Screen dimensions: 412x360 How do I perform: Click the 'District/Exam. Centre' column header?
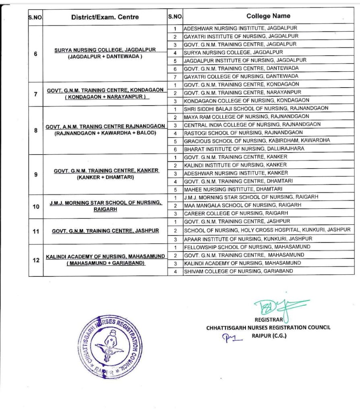[x=105, y=17]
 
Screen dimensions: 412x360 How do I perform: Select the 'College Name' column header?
[x=268, y=16]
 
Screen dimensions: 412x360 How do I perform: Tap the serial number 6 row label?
[x=35, y=54]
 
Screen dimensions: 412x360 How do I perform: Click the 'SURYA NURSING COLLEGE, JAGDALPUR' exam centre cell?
[x=105, y=49]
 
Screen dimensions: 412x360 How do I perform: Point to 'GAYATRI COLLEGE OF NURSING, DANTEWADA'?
[x=241, y=76]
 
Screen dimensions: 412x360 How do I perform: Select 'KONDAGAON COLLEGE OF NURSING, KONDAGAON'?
[x=246, y=100]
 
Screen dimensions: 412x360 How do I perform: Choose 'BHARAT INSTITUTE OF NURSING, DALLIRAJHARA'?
[x=244, y=148]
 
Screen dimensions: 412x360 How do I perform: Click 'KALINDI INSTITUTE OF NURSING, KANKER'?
[x=235, y=165]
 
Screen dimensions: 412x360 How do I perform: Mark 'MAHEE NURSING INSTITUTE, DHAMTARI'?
[x=233, y=189]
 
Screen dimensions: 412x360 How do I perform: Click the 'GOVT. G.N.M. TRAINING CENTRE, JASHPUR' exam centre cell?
[x=105, y=231]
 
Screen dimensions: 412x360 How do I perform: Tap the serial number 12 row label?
[x=35, y=260]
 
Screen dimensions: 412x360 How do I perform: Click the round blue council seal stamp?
[x=110, y=347]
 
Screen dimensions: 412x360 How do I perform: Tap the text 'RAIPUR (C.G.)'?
[x=269, y=336]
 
